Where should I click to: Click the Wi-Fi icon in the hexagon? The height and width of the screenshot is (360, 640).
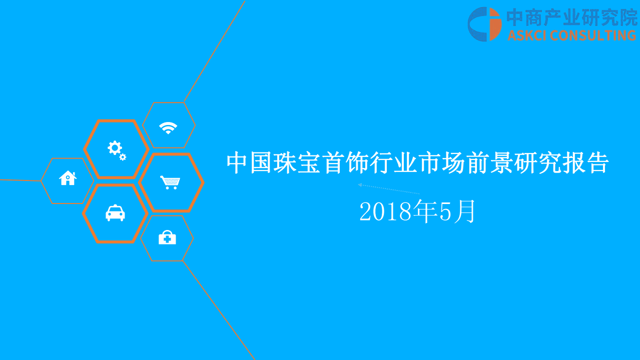(x=168, y=128)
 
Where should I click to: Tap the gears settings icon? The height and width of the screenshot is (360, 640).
(x=116, y=149)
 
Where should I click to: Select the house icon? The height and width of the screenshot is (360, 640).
(x=68, y=178)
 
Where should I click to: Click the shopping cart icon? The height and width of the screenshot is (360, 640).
(x=170, y=182)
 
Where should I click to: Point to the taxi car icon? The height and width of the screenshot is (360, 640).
(x=115, y=213)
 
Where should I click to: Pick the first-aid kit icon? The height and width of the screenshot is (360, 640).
(x=167, y=238)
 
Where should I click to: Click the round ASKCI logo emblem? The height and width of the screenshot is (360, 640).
(x=484, y=24)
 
